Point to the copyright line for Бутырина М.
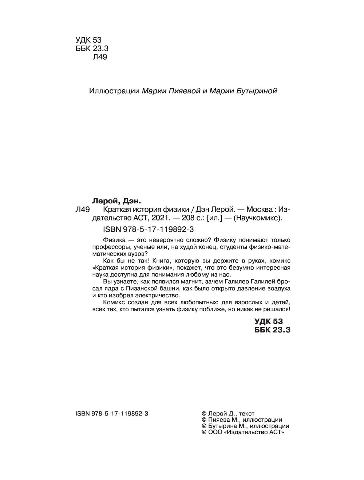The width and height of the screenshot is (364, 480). coord(245,426)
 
